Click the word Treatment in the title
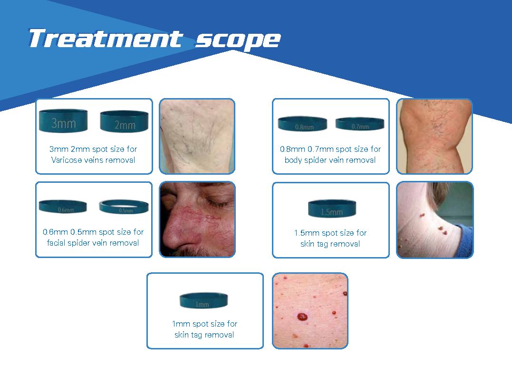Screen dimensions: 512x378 click(x=106, y=39)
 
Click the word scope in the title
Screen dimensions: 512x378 click(x=238, y=40)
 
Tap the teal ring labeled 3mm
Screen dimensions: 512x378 click(x=63, y=121)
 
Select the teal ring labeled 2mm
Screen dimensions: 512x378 click(x=124, y=121)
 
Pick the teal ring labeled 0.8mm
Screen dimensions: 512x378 click(x=302, y=124)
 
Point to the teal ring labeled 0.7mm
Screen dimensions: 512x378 click(x=360, y=124)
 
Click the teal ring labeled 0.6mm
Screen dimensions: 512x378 click(x=63, y=206)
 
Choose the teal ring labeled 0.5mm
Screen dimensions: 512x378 click(x=124, y=207)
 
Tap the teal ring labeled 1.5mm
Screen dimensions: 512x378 click(x=332, y=209)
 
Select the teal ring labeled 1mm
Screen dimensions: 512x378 click(x=203, y=300)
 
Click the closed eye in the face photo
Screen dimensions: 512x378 click(x=214, y=203)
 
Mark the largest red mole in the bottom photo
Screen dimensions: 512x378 click(x=302, y=317)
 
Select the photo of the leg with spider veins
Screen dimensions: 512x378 click(x=435, y=136)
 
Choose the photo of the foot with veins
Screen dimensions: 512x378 click(x=197, y=136)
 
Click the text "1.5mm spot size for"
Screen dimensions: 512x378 click(x=330, y=233)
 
